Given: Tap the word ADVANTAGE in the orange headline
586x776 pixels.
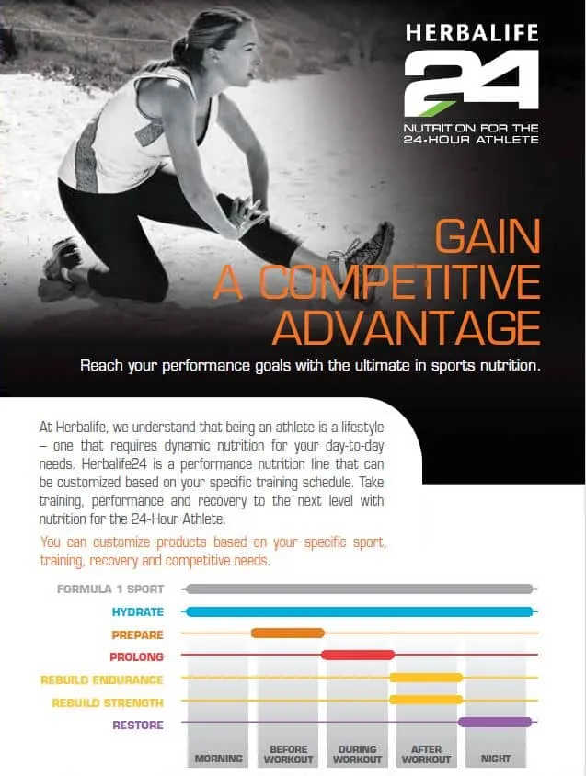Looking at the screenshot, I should pos(407,326).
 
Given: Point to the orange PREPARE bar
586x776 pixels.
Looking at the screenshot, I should pos(287,633).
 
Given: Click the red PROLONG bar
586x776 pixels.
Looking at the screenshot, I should pos(358,655).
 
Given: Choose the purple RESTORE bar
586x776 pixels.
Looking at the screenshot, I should pos(495,723).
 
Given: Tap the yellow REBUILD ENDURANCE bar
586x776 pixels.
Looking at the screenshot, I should pos(426,678).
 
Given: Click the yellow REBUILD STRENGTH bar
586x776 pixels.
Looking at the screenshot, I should pos(426,700).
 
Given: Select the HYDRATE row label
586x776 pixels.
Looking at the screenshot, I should pos(137,611).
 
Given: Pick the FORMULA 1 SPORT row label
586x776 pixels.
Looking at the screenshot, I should pos(110,589).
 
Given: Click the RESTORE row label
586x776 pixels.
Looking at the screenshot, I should pos(138,725).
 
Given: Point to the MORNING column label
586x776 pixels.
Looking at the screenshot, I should pos(218,759).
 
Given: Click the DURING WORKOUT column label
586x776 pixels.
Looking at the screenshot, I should pos(358,755).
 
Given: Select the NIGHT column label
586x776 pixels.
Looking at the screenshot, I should pos(496,759).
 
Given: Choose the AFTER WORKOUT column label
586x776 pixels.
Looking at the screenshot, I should pos(427,755).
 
